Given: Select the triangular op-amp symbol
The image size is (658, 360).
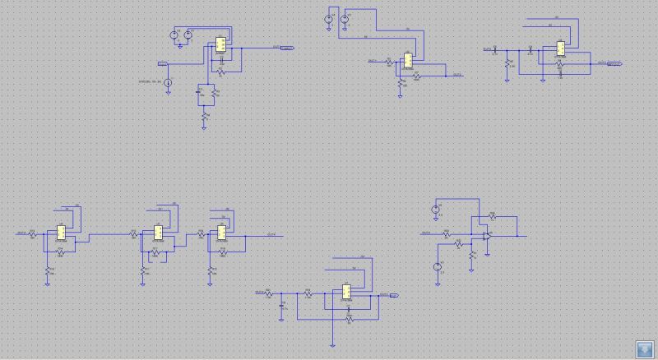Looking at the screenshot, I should pos(488,236).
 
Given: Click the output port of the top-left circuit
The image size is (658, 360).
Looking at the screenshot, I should pos(287,48).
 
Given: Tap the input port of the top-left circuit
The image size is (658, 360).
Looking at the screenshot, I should pos(163,62).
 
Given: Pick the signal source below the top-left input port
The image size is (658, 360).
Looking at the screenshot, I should pos(168,83).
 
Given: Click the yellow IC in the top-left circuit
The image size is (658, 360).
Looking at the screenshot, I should pos(220,46).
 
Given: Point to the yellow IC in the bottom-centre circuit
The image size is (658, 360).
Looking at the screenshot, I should pos(346,293).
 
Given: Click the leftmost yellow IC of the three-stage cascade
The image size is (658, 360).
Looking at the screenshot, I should pos(61,232).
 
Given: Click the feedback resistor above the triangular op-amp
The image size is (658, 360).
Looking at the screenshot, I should pos(492,215).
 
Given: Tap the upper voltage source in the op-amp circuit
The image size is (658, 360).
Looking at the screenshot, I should pos(436,210).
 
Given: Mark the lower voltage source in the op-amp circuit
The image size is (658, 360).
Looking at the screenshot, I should pos(438,265).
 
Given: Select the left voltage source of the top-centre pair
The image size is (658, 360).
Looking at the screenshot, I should pos(328,19).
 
